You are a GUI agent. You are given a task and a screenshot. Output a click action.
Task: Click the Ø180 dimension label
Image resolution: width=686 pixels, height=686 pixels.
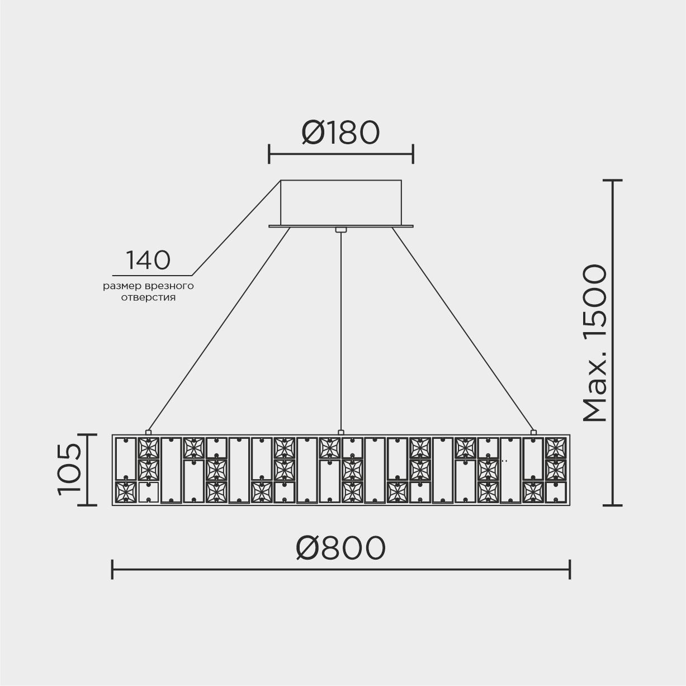point(340,133)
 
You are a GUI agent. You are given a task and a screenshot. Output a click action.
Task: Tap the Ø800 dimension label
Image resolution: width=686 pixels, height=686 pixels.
point(340,547)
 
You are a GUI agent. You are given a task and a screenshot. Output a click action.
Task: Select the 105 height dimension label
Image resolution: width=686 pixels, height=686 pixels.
point(69,469)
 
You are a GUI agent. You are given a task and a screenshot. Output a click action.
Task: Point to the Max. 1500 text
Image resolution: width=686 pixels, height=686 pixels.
point(595,343)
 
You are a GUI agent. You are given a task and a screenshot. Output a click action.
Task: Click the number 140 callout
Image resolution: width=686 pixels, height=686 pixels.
point(148,260)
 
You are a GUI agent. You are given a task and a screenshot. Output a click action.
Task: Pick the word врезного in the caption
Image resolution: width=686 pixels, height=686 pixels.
point(169,286)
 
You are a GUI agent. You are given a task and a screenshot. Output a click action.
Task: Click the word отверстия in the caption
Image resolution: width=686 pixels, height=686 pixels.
point(148,297)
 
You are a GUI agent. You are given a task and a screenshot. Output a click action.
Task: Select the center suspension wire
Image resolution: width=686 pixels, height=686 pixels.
point(340,330)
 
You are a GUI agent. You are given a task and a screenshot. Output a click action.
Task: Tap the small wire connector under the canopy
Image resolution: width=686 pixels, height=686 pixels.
point(340,229)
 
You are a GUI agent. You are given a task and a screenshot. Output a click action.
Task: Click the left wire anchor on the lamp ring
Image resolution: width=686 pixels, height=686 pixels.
point(148,432)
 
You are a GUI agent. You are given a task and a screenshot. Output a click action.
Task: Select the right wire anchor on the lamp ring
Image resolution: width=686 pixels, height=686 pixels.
point(533,432)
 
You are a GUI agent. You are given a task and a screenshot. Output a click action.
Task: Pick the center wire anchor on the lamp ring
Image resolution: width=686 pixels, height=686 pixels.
point(340,432)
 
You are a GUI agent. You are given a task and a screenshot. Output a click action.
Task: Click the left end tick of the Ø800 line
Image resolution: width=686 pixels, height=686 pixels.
point(112,570)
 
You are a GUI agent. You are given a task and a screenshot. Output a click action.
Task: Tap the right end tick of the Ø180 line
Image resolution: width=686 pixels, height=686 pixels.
point(413,153)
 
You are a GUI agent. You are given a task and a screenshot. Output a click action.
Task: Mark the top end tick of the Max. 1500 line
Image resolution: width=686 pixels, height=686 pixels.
point(613,181)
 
